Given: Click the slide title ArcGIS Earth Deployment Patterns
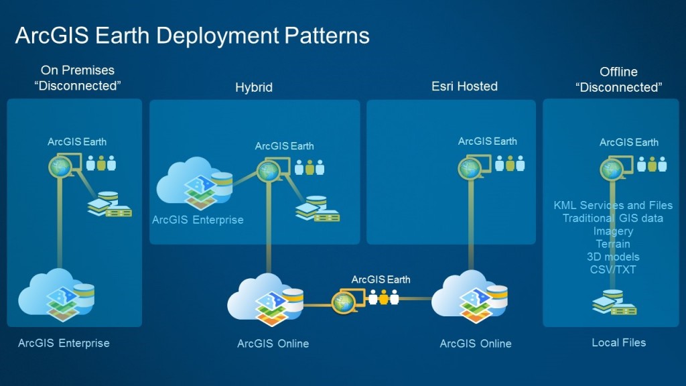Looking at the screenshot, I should pos(192,35).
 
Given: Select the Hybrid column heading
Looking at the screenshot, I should pos(254,87).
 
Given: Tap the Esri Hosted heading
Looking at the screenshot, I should pos(464,86).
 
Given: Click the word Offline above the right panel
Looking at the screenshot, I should pos(618,72).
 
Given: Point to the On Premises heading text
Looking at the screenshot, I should pos(77,70).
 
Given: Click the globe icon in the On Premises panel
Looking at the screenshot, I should pos(60,166).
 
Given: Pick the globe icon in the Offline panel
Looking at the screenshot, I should pos(612,168).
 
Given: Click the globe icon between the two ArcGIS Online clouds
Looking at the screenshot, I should pos(343,303).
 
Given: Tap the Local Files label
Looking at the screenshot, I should pos(619,342).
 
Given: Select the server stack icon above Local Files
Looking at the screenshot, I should pos(614,303).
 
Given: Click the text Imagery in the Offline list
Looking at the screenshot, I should pos(613,231).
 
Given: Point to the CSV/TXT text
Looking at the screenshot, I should pos(613,269).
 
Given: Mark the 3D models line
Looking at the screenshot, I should pos(613,257).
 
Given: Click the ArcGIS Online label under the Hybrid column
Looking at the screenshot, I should pos(273,344).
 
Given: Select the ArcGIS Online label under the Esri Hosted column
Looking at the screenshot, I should pos(476,344).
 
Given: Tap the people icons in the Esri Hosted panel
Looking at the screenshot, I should pos(510,164).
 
